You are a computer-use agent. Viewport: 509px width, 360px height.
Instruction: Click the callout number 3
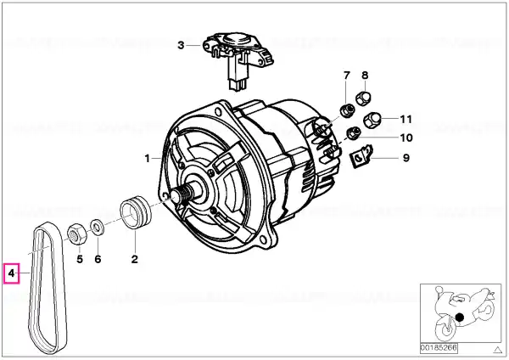pyautogui.click(x=181, y=45)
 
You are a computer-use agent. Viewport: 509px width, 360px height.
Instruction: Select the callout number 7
pyautogui.click(x=347, y=76)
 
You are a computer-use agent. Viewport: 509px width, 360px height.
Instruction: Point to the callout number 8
pyautogui.click(x=365, y=76)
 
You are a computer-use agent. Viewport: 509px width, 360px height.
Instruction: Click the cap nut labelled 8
pyautogui.click(x=363, y=98)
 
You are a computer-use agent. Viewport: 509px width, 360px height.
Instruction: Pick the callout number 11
pyautogui.click(x=406, y=119)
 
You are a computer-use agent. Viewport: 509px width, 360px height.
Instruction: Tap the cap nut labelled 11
pyautogui.click(x=371, y=121)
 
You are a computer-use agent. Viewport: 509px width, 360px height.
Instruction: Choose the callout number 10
pyautogui.click(x=406, y=138)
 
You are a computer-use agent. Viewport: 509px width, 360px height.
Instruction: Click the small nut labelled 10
pyautogui.click(x=353, y=132)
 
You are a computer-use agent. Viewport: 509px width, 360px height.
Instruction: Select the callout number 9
pyautogui.click(x=406, y=158)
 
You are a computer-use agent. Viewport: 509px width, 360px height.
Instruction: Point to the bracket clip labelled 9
pyautogui.click(x=361, y=156)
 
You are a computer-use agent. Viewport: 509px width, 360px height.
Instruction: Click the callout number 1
pyautogui.click(x=148, y=159)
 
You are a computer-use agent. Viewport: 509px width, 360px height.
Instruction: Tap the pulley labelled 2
pyautogui.click(x=136, y=212)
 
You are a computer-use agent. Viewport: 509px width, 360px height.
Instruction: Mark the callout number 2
pyautogui.click(x=135, y=259)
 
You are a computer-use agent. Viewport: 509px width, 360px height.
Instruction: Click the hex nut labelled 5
pyautogui.click(x=76, y=234)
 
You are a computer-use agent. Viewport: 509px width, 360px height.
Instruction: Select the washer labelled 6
pyautogui.click(x=97, y=227)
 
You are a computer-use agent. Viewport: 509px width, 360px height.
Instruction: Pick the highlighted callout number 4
pyautogui.click(x=12, y=273)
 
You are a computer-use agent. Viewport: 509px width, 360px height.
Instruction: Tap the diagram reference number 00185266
pyautogui.click(x=439, y=348)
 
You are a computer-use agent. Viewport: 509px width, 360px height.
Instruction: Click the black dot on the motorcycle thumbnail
pyautogui.click(x=460, y=317)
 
